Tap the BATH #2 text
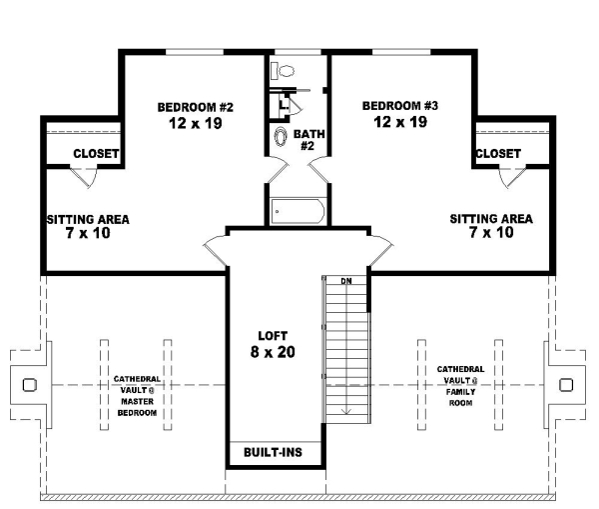pyautogui.click(x=308, y=138)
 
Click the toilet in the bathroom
pyautogui.click(x=285, y=71)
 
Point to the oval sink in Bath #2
pyautogui.click(x=281, y=137)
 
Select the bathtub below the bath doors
pyautogui.click(x=298, y=211)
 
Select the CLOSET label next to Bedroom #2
pyautogui.click(x=97, y=154)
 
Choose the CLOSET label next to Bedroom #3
pyautogui.click(x=497, y=153)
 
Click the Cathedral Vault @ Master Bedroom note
pyautogui.click(x=135, y=395)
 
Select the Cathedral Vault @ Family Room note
pyautogui.click(x=461, y=384)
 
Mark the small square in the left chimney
pyautogui.click(x=29, y=385)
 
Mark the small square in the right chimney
pyautogui.click(x=566, y=384)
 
